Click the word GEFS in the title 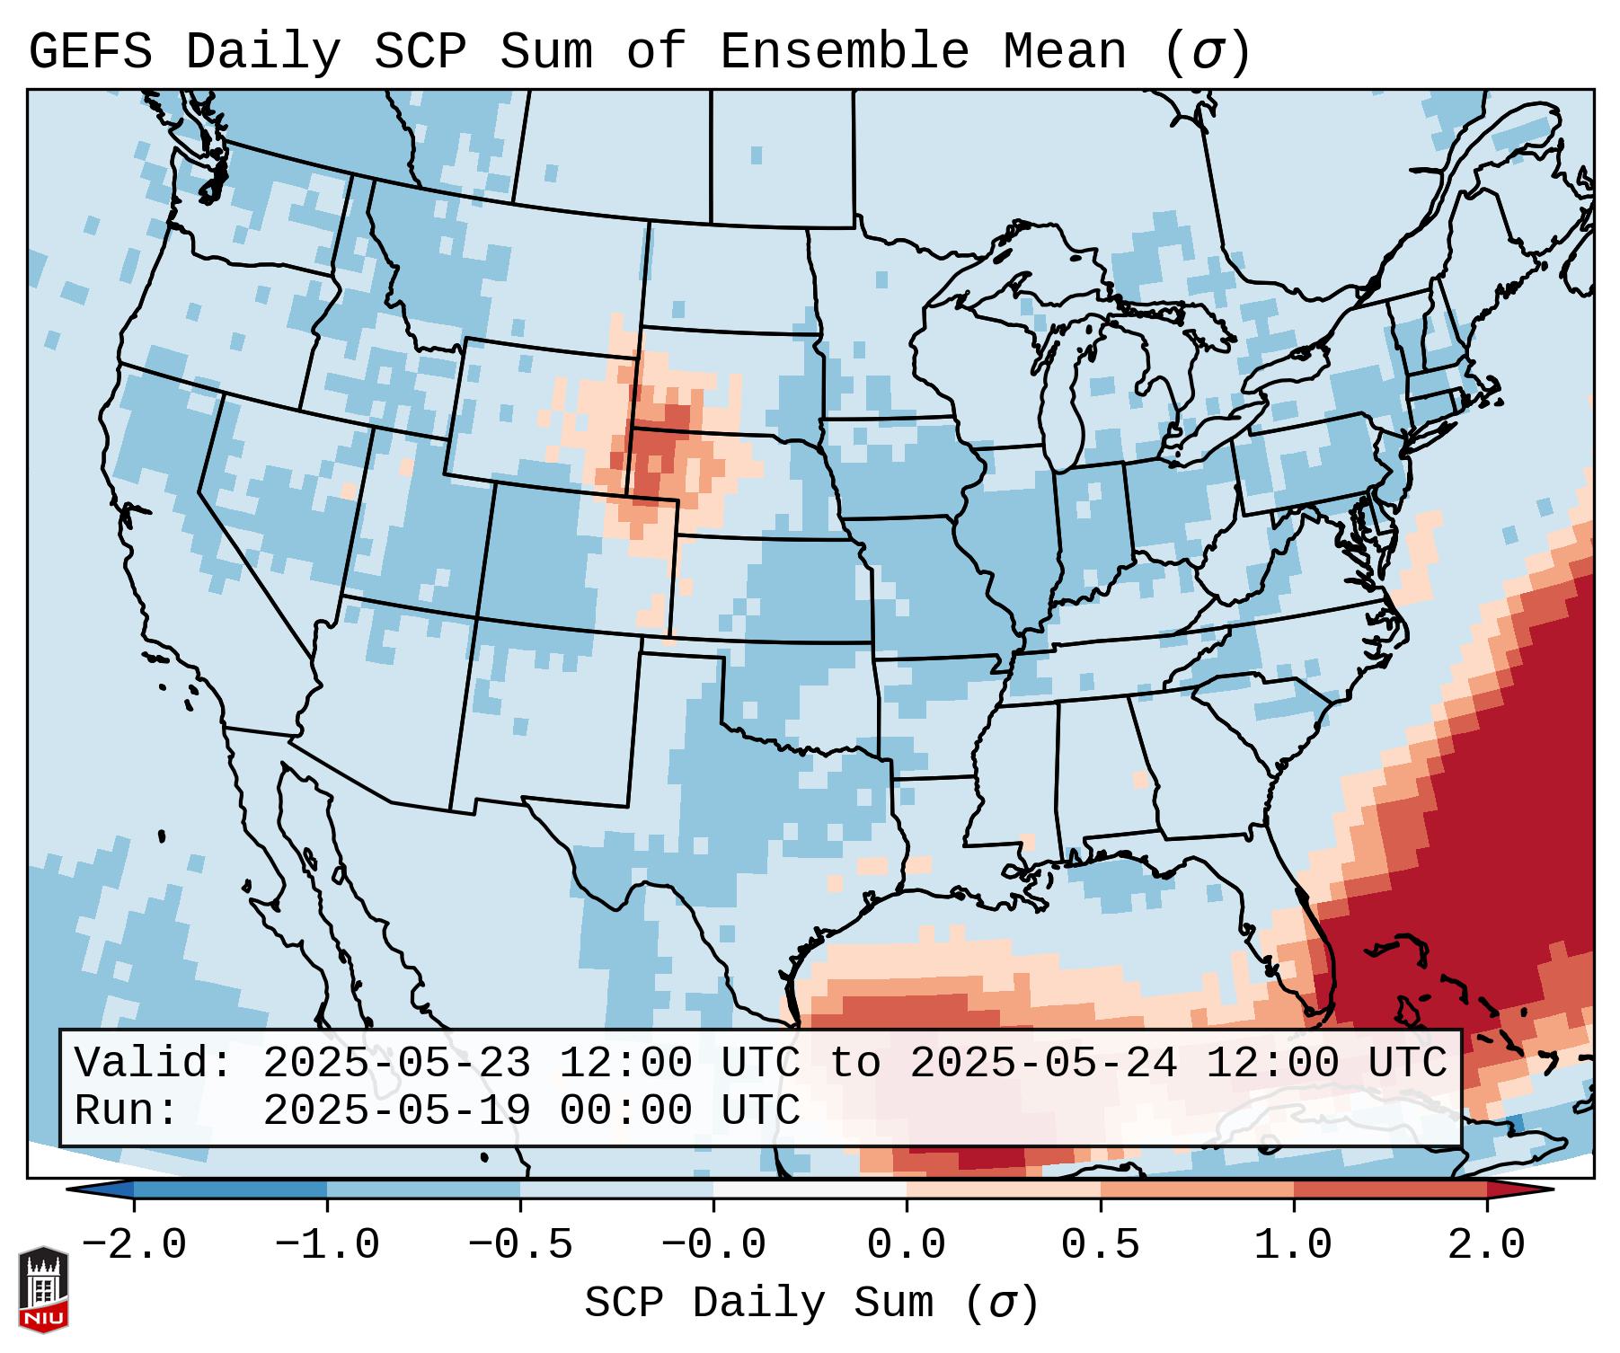(90, 52)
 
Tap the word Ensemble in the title (845, 52)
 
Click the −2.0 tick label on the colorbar (134, 1245)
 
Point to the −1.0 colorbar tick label (327, 1245)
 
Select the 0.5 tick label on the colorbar (1101, 1245)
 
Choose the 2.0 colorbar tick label (1487, 1245)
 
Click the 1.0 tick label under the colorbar (1294, 1245)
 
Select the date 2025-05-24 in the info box (1043, 1064)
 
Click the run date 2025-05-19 (396, 1111)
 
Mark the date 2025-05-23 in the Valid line (396, 1064)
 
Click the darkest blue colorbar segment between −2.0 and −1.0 (230, 1189)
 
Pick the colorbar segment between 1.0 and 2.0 (1390, 1189)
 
